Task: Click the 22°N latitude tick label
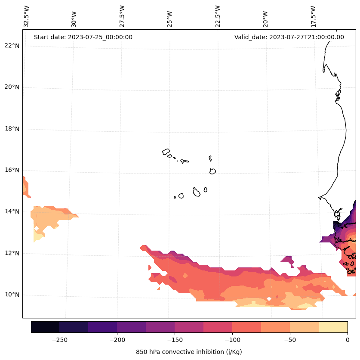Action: (x=12, y=46)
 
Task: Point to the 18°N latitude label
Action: (x=12, y=129)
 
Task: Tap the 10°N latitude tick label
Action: (x=12, y=295)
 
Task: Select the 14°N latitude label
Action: (x=12, y=211)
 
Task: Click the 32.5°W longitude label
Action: (x=26, y=16)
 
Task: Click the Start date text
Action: (x=83, y=37)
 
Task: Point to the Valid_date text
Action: (x=289, y=37)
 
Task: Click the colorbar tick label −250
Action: (x=59, y=340)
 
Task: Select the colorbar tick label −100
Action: (x=232, y=340)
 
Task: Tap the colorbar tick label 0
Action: (x=347, y=340)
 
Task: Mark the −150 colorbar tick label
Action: (x=175, y=340)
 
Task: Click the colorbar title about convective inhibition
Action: (x=189, y=352)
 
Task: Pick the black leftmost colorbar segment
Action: (x=45, y=327)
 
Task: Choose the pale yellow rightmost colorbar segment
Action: (x=333, y=327)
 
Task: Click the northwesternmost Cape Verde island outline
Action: (x=166, y=152)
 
